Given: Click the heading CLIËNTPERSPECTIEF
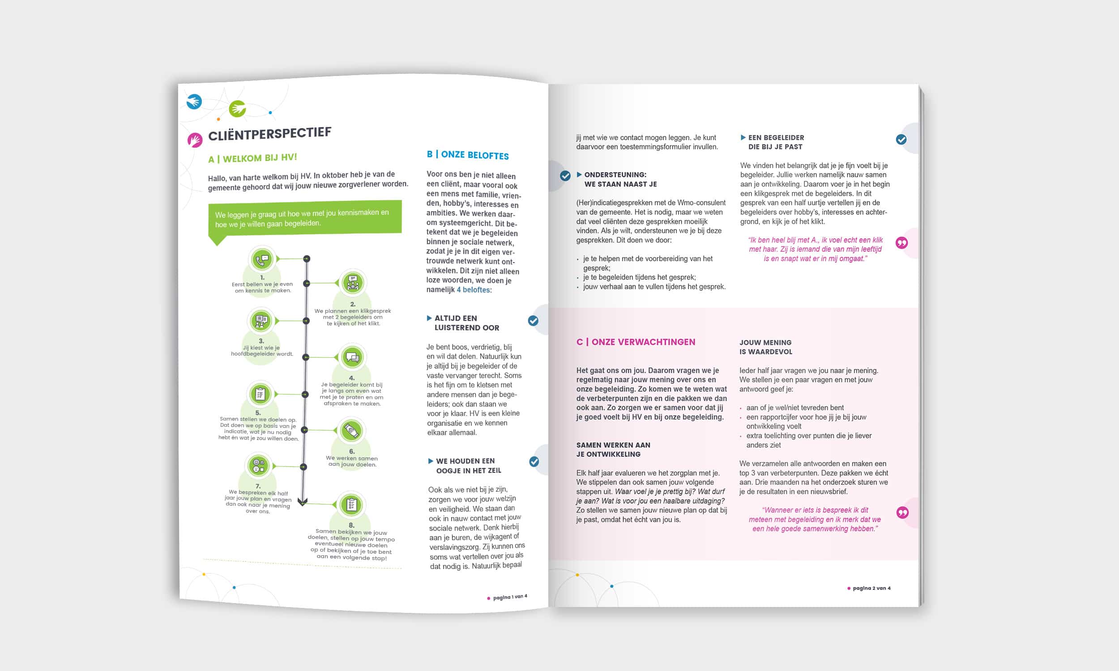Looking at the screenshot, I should (269, 134).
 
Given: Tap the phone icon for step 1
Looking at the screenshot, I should (262, 259).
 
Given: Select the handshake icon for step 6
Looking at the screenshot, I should (351, 430).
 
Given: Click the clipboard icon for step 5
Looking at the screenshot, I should (260, 394).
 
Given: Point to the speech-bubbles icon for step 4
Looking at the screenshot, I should (352, 357).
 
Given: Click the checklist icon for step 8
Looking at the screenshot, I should (351, 505).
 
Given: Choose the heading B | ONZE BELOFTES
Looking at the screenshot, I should (468, 155).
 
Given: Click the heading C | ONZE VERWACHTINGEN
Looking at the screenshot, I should (636, 342).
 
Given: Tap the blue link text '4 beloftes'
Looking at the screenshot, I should (473, 290).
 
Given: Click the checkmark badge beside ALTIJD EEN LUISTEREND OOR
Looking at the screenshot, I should (533, 321).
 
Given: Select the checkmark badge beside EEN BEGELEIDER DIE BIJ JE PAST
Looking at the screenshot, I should (901, 139).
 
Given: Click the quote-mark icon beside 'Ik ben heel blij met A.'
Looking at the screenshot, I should (901, 243).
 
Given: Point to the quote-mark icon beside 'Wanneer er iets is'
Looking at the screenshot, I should (902, 512).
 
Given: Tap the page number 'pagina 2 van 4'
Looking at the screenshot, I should (871, 588).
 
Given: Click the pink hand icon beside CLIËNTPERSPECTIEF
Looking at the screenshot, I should (195, 140).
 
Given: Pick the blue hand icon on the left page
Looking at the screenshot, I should (194, 101).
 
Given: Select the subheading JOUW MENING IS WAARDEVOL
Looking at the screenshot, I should (765, 347).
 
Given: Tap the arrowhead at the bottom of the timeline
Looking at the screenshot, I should (303, 502).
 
